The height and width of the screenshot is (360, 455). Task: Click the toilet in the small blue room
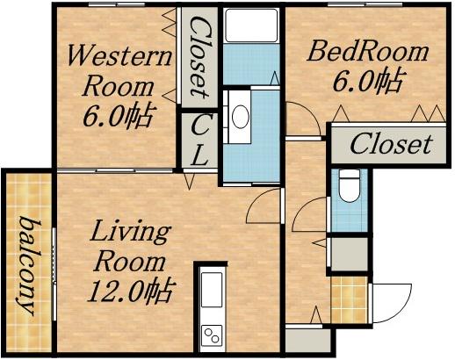click(x=350, y=186)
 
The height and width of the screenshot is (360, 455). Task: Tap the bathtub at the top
click(x=251, y=25)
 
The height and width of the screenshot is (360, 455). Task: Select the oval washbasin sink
click(x=241, y=117)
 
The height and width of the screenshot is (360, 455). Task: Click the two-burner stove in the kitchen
click(x=212, y=335)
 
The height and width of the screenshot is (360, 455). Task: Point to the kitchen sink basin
click(x=212, y=290)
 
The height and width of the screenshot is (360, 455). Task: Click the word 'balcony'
click(x=28, y=266)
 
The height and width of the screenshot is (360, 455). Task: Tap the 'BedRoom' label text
click(x=367, y=52)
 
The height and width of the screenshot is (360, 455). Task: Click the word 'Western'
click(x=119, y=55)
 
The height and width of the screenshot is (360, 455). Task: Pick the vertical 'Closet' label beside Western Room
click(x=200, y=58)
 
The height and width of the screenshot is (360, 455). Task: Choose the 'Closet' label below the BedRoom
click(x=391, y=144)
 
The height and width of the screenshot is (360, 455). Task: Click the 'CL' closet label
click(x=199, y=140)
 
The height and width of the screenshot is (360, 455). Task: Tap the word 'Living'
click(x=130, y=233)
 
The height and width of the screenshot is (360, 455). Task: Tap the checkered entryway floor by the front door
click(x=349, y=300)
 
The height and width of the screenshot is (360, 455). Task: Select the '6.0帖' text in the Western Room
click(x=118, y=116)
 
